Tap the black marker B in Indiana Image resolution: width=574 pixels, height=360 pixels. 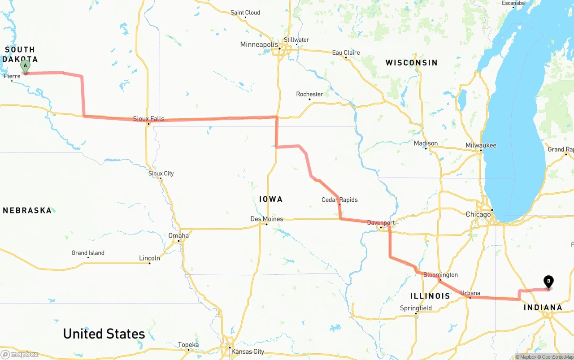point(548,281)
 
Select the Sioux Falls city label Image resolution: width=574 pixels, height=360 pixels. point(148,119)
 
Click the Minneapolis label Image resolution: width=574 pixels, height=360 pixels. point(259,44)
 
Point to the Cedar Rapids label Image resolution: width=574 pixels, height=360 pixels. point(339,200)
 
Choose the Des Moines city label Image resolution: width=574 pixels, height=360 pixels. point(266,219)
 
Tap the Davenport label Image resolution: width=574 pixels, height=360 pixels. point(381,222)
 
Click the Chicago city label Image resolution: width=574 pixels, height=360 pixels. point(478,214)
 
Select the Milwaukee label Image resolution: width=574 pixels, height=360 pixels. point(481,145)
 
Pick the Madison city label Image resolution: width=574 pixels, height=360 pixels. point(426,143)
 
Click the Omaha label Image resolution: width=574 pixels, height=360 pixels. point(178,235)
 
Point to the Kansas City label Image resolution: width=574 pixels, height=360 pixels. point(248,351)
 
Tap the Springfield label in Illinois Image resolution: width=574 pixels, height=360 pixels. point(416,308)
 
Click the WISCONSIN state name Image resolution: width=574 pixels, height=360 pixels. point(411,63)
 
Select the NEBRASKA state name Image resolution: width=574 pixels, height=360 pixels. point(27,210)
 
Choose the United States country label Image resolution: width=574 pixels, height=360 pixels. point(104,334)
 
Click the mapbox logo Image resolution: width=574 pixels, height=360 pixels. point(19,354)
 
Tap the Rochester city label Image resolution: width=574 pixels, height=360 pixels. point(309,94)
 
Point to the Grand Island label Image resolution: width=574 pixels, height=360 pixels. point(88,253)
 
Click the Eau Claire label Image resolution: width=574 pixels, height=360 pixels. point(346,52)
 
